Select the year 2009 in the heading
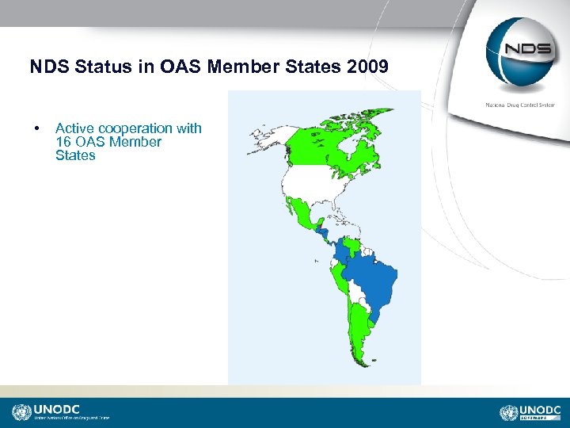click(367, 67)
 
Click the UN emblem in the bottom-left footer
click(21, 412)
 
